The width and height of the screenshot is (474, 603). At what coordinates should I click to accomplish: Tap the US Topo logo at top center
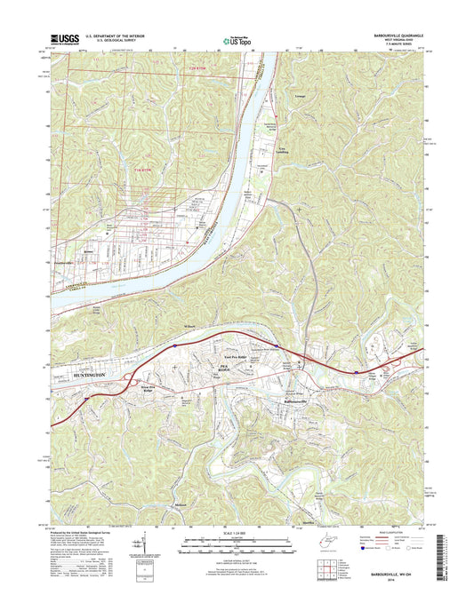(x=236, y=40)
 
